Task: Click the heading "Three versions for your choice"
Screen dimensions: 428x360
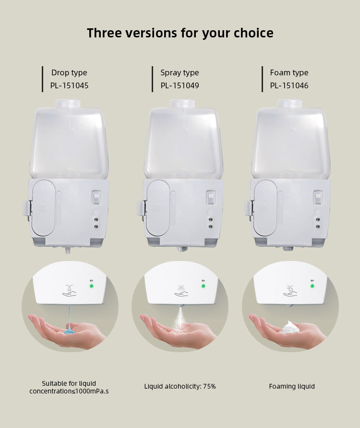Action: coord(180,33)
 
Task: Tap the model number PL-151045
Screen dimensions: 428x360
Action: coord(69,86)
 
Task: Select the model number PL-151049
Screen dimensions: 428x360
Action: coord(180,86)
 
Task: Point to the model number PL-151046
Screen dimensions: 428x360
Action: coord(289,86)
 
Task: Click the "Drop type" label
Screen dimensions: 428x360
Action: coord(69,73)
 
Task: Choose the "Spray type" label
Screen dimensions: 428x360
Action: coord(180,73)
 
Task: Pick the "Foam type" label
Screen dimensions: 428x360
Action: coord(289,73)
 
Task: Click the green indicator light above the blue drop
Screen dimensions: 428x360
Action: coord(91,286)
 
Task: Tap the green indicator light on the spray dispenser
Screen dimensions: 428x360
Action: coord(203,286)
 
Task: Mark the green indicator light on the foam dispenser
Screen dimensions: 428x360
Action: coord(312,286)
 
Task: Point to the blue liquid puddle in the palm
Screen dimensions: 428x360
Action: coord(69,330)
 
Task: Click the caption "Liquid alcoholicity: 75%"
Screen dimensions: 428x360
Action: coord(180,386)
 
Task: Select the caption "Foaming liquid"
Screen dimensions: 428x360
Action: coord(292,386)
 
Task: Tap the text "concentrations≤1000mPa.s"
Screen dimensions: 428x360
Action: coord(69,391)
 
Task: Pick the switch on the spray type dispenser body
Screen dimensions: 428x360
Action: coord(210,197)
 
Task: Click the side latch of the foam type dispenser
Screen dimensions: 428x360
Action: coord(247,208)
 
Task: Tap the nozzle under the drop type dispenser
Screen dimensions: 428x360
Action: coord(67,250)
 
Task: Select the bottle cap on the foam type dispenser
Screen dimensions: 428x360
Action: coord(289,103)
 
